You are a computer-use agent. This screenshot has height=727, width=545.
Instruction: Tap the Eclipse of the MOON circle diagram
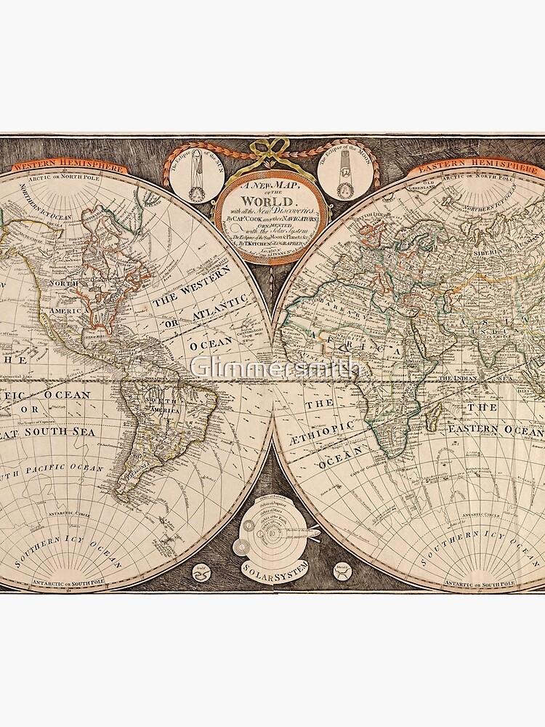344,177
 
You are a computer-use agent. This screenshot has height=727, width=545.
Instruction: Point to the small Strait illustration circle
342,571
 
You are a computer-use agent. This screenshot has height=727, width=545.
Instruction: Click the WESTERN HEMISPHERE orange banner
69,166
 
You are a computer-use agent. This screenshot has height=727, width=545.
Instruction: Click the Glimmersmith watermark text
275,368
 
